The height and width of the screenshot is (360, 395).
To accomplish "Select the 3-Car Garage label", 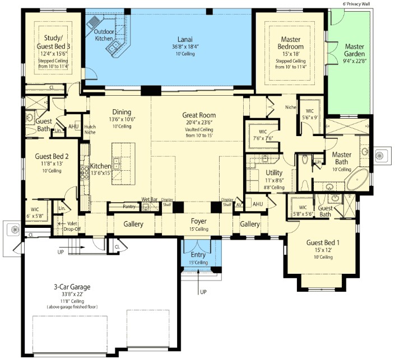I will tap(72, 287).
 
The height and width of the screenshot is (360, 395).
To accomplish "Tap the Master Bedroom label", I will tap(291, 43).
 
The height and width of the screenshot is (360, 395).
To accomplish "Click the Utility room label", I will tap(274, 173).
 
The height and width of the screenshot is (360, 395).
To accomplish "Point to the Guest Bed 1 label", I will tap(319, 242).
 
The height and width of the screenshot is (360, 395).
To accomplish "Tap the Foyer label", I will tap(199, 221).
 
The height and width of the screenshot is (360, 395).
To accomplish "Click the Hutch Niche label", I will tap(90, 129).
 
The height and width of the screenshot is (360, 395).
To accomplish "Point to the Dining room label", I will tap(122, 111).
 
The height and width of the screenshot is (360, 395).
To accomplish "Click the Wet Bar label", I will tap(149, 199).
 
